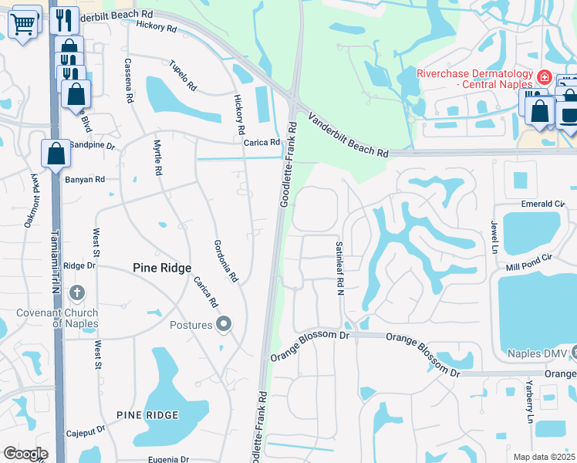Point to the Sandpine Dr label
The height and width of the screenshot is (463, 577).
[x=92, y=145]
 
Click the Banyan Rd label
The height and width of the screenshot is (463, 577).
[x=84, y=180]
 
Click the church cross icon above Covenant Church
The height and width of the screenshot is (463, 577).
[x=76, y=293]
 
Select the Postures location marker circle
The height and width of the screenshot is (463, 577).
[x=224, y=323]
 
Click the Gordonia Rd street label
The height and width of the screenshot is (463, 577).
[x=224, y=260]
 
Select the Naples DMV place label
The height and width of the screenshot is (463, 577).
[x=537, y=354]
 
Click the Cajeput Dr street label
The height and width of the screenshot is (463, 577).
[x=85, y=434]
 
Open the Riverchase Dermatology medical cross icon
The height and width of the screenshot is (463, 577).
[x=544, y=76]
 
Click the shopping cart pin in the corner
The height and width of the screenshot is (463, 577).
[x=24, y=22]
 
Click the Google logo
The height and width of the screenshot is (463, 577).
[x=25, y=454]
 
